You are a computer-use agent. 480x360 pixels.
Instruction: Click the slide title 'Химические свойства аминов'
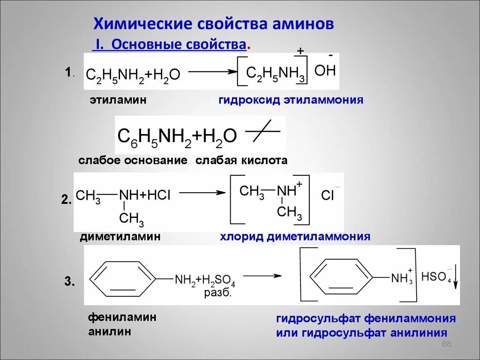(214, 24)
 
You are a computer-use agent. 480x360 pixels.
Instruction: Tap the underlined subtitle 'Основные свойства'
(179, 45)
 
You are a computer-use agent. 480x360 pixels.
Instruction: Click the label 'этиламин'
(119, 100)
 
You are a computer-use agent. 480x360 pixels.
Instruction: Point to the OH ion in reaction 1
(325, 71)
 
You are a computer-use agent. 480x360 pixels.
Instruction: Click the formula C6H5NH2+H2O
(177, 136)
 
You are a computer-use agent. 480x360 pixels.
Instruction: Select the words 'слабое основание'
(133, 160)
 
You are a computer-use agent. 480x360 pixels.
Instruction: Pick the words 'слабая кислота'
(241, 160)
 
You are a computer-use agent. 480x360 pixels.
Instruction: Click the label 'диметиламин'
(120, 237)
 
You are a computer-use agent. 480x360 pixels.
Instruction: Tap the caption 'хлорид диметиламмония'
(295, 237)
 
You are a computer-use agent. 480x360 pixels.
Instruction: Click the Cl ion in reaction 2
(328, 195)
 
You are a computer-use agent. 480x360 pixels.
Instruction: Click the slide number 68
(446, 345)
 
